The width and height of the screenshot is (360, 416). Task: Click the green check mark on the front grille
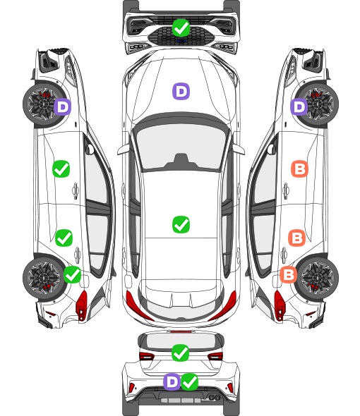click(x=181, y=27)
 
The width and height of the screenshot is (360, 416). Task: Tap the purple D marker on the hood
click(x=181, y=91)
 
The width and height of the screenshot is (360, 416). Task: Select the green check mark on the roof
click(x=181, y=224)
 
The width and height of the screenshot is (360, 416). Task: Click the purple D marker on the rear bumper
click(x=172, y=381)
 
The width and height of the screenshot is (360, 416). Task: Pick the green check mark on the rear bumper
click(x=189, y=381)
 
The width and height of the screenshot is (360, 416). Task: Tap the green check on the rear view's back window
click(x=181, y=353)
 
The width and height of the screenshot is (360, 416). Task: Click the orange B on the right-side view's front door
click(x=300, y=169)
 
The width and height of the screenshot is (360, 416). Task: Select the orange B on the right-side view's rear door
click(x=296, y=238)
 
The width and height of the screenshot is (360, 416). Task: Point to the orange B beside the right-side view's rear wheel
click(x=289, y=274)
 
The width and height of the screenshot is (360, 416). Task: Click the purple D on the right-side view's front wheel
click(x=299, y=107)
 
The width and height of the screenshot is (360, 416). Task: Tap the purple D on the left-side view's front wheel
click(x=63, y=107)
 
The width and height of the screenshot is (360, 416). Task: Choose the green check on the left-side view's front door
click(x=61, y=169)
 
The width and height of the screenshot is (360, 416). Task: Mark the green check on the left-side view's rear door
click(x=64, y=238)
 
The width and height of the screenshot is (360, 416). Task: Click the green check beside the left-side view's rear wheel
click(x=73, y=274)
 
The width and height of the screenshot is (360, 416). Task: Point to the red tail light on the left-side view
click(x=82, y=305)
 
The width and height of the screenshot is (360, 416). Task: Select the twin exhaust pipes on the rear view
click(x=212, y=397)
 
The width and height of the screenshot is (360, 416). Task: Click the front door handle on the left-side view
click(x=76, y=190)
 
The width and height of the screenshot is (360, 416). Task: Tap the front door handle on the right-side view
click(x=286, y=190)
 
